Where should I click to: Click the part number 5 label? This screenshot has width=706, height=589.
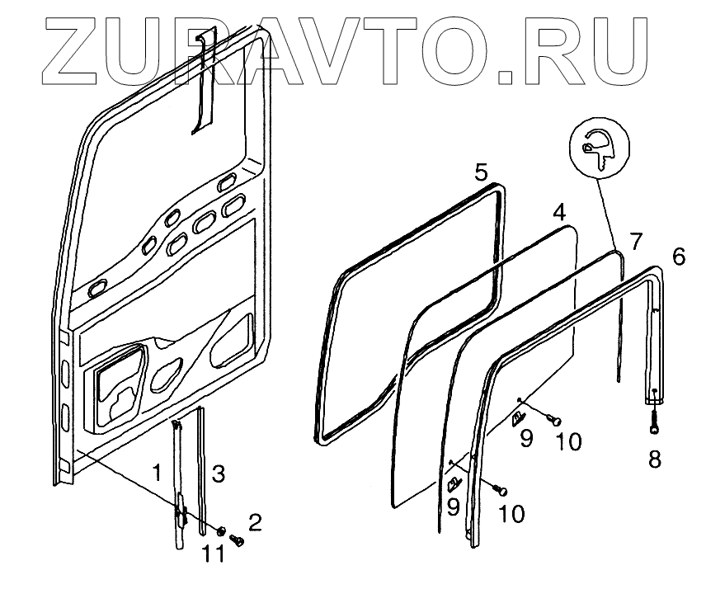click(x=482, y=172)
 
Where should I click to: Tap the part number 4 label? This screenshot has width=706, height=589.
click(x=559, y=213)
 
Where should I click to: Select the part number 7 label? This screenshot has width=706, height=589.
click(x=635, y=242)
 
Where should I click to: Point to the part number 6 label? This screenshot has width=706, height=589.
click(x=678, y=257)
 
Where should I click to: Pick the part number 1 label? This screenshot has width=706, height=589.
click(x=156, y=473)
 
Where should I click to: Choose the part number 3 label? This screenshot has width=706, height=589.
click(x=218, y=474)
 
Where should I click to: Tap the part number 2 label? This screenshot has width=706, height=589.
click(x=255, y=522)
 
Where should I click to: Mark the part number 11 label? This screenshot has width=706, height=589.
click(x=214, y=554)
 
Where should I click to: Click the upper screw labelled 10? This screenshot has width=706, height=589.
click(x=555, y=422)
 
